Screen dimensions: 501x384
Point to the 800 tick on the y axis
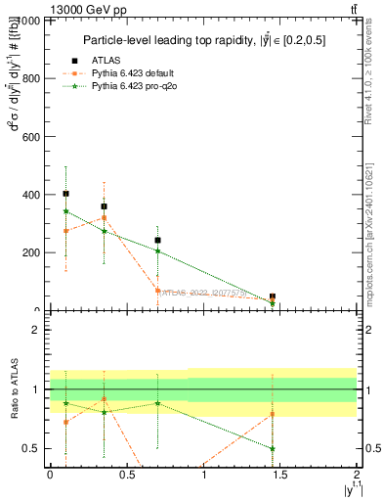pos(30,79)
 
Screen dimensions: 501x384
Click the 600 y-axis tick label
pos(30,137)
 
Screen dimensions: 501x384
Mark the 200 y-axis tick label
pos(30,252)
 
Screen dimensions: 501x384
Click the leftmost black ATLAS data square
pos(65,194)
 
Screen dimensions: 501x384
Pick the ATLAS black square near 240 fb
pos(157,240)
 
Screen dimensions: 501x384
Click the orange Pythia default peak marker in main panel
pos(104,218)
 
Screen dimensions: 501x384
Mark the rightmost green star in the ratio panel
pos(273,448)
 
